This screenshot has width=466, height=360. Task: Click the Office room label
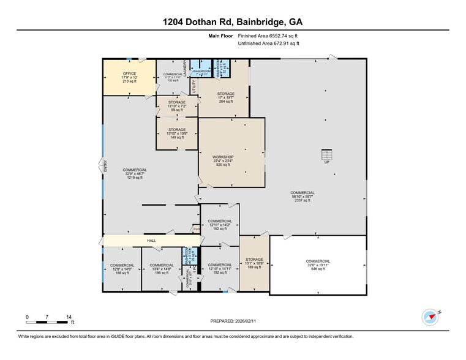[129, 77]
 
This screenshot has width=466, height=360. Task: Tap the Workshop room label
[223, 160]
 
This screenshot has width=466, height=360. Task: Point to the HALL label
[151, 241]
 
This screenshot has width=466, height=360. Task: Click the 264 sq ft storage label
[225, 97]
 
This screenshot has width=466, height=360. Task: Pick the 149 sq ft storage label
[177, 133]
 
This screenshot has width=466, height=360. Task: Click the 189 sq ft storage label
[254, 263]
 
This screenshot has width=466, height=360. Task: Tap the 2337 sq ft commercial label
[303, 196]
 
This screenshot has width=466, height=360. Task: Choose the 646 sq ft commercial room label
[317, 264]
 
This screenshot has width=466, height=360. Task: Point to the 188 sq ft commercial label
[122, 269]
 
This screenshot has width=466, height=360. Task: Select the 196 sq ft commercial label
[162, 269]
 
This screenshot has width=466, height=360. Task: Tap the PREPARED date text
[233, 321]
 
